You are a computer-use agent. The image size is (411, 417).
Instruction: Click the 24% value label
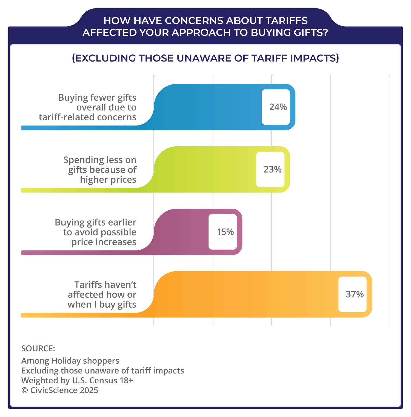278,107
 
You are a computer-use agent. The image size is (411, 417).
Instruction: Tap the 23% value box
272,170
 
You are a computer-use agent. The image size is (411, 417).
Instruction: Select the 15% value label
225,232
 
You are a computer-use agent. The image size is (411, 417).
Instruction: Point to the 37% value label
355,294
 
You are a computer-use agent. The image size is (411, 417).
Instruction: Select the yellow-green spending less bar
206,170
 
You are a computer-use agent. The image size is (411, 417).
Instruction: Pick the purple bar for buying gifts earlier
181,232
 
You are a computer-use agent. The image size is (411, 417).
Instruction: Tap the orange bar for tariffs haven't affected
247,294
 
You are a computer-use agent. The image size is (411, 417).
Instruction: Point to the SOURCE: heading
38,348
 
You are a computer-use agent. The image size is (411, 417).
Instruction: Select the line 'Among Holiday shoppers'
70,361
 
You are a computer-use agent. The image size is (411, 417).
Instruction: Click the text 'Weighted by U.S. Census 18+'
77,380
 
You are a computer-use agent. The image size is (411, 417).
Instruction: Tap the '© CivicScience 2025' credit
60,390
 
